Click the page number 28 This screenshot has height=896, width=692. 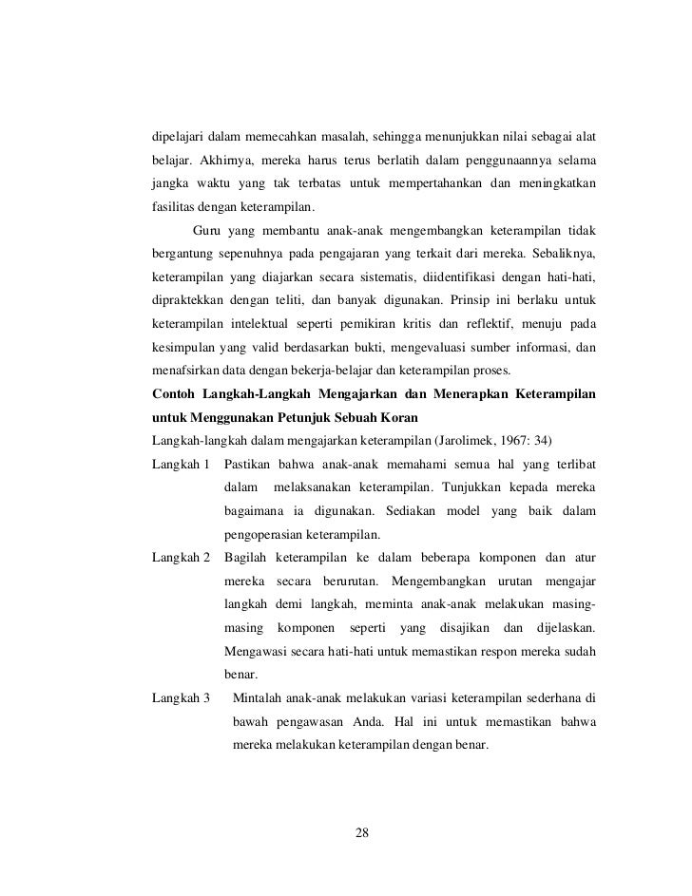[x=361, y=833]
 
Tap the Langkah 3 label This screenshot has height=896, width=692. [x=181, y=698]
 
